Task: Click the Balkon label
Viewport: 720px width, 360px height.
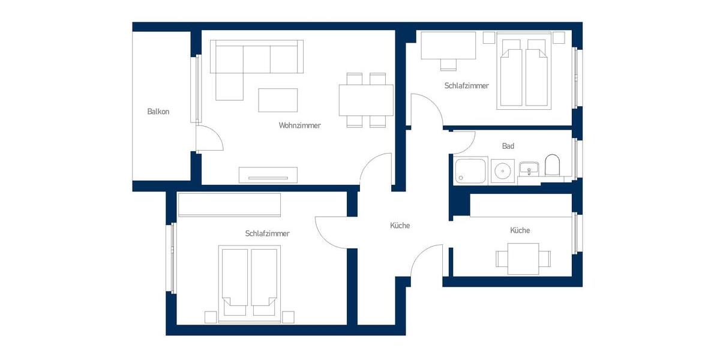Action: click(x=158, y=112)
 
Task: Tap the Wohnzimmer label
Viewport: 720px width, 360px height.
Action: click(x=299, y=126)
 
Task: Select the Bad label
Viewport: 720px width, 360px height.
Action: click(x=508, y=146)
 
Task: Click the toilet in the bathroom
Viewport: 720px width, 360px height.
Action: click(x=552, y=166)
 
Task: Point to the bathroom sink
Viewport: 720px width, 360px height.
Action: click(x=529, y=169)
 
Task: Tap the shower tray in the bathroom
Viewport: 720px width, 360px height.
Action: click(x=471, y=171)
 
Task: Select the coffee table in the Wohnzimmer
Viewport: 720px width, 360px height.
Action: click(x=278, y=100)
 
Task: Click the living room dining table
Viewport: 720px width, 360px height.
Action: click(x=366, y=100)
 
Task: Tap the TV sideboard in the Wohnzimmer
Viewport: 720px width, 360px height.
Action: click(x=268, y=174)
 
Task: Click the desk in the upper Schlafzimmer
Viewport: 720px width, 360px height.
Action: click(x=448, y=46)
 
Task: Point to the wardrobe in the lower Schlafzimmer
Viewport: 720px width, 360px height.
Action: click(x=229, y=205)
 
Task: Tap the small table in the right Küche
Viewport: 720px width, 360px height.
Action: click(x=523, y=258)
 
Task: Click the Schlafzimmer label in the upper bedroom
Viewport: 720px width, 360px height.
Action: click(x=467, y=86)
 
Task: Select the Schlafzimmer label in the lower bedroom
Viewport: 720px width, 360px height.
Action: click(x=267, y=233)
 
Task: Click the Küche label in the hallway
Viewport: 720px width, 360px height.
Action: click(x=400, y=226)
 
